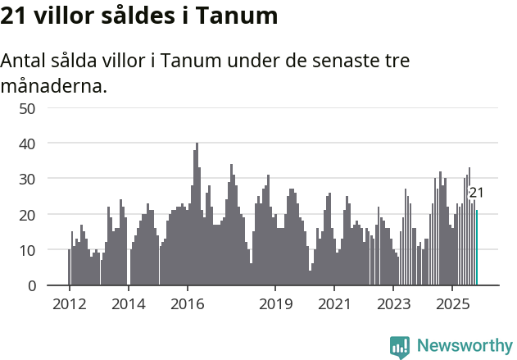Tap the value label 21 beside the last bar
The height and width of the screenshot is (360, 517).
pyautogui.click(x=476, y=194)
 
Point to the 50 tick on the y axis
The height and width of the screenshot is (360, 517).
pyautogui.click(x=27, y=108)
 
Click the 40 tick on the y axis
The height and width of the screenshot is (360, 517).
pyautogui.click(x=27, y=144)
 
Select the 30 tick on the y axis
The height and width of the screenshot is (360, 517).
pyautogui.click(x=27, y=179)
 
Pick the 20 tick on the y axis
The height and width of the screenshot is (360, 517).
pyautogui.click(x=27, y=215)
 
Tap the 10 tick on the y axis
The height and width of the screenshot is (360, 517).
pyautogui.click(x=27, y=250)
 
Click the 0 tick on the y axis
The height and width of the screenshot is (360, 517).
pyautogui.click(x=31, y=286)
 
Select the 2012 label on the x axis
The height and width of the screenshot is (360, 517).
pyautogui.click(x=69, y=304)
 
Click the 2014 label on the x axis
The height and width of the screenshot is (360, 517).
pyautogui.click(x=128, y=304)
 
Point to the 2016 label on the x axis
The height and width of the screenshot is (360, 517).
pyautogui.click(x=187, y=304)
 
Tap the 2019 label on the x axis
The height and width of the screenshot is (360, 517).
pyautogui.click(x=275, y=304)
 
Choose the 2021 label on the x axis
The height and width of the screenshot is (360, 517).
pyautogui.click(x=334, y=304)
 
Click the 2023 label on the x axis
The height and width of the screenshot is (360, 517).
pyautogui.click(x=393, y=304)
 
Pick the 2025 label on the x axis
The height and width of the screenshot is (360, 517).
pyautogui.click(x=452, y=304)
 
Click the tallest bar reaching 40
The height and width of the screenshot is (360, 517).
pyautogui.click(x=197, y=215)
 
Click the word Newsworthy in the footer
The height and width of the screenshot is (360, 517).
pyautogui.click(x=464, y=346)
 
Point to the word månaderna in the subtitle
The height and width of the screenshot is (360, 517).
pyautogui.click(x=54, y=85)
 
